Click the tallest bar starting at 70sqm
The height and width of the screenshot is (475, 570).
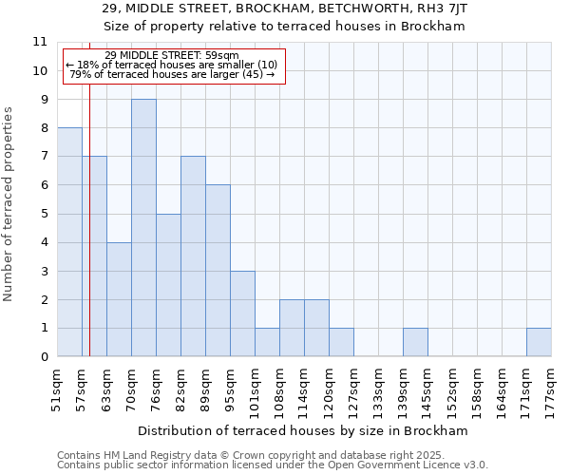coord(143,228)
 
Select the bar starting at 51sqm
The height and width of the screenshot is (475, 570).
coord(69,242)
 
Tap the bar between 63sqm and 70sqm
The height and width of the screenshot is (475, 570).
coord(119,299)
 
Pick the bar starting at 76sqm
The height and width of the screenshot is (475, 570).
coord(168,285)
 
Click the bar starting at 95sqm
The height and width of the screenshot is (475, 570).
coord(242,313)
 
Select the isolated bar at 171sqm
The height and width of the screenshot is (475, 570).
coord(539,343)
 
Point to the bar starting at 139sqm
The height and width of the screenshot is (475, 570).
coord(415,343)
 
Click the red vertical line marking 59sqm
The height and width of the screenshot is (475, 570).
coord(89,237)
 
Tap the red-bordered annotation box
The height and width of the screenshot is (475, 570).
coord(174,66)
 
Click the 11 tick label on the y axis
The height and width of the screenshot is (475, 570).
coord(40,42)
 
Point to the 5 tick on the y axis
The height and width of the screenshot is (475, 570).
coord(44,214)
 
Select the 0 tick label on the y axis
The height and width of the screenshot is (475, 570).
coord(44,357)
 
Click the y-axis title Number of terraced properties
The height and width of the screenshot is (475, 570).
coord(9,204)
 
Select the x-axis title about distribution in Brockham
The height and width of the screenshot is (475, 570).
coord(304,430)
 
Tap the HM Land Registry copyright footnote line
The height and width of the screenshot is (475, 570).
coord(271,455)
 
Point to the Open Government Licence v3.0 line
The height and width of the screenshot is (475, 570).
coord(273,465)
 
